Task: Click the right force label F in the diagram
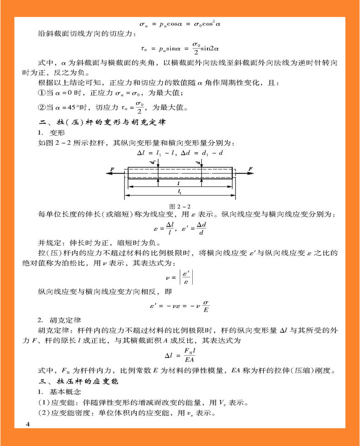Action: pos(250,169)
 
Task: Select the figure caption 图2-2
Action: pos(180,206)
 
